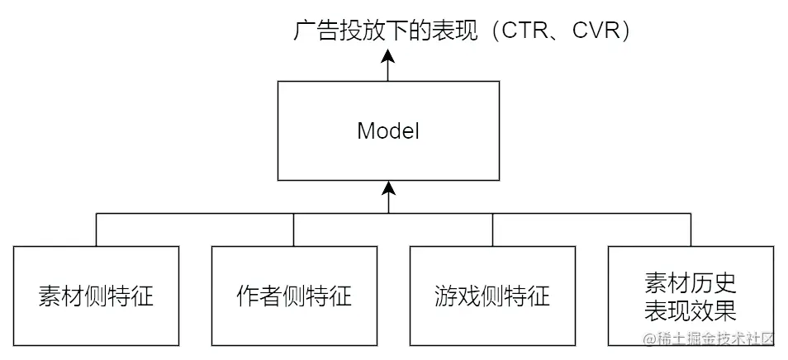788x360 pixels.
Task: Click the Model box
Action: pos(388,153)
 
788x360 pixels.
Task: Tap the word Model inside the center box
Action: pos(388,131)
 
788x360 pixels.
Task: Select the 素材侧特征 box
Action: pos(96,296)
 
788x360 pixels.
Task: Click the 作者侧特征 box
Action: pos(294,296)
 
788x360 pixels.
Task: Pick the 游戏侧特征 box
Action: pos(492,296)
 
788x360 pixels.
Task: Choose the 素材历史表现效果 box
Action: pos(691,296)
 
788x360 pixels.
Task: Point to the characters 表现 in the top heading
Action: pos(480,32)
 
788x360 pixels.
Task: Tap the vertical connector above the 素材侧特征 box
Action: pos(96,230)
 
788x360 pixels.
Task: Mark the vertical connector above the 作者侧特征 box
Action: pos(294,230)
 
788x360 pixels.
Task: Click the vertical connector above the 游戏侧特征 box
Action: pos(492,230)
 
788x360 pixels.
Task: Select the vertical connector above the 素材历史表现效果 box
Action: pos(691,230)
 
